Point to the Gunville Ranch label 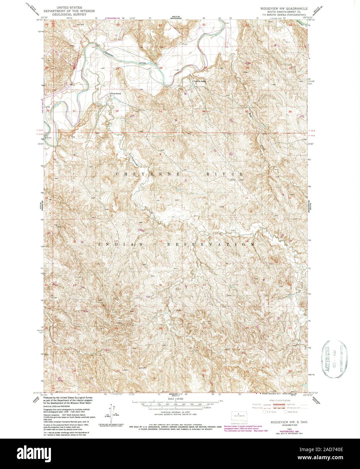(199, 81)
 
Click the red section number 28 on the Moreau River (161, 68)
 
